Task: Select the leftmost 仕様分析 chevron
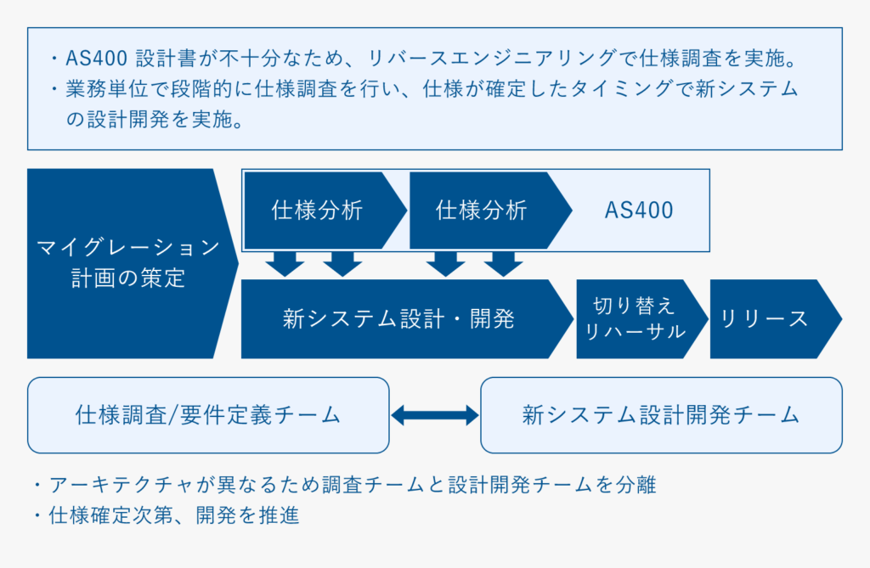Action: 325,211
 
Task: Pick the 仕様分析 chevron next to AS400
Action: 490,211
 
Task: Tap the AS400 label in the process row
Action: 639,211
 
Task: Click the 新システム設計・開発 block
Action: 407,319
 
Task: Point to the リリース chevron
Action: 776,319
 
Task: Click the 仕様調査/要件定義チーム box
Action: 208,415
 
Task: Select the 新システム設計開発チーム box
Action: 661,415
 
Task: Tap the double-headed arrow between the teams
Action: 435,415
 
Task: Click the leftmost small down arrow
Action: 285,264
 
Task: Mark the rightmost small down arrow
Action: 503,264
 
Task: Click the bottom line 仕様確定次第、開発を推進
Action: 174,515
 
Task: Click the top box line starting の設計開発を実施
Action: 155,119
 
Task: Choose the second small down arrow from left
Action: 342,264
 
